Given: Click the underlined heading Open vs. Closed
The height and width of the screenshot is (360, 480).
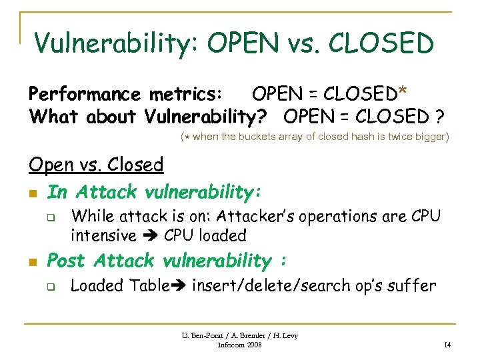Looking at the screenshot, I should coord(96,165).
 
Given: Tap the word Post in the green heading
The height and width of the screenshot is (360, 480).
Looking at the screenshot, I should coord(67,260).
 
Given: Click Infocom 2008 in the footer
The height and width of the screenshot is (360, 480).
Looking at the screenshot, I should coord(240,345).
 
